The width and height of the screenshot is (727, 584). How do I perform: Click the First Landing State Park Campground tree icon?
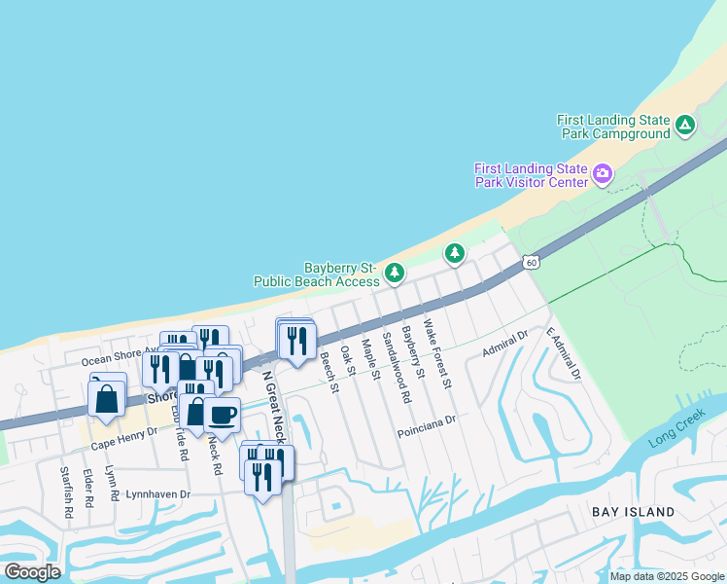(685, 125)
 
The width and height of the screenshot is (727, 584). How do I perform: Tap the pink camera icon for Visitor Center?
(604, 174)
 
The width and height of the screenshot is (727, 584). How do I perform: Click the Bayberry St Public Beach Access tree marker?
(394, 273)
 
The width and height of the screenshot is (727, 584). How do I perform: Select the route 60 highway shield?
(529, 262)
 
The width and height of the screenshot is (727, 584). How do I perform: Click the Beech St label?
(329, 373)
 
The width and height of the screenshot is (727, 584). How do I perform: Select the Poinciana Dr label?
(426, 420)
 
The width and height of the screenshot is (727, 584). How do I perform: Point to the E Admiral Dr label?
(563, 353)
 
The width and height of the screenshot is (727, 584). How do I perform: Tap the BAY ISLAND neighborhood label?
(633, 511)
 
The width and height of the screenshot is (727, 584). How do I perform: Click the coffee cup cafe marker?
(223, 415)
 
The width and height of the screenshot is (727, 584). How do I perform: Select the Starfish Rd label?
(65, 487)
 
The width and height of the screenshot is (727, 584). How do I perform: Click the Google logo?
(32, 572)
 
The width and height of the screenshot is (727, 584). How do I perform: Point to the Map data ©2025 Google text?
(667, 576)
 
